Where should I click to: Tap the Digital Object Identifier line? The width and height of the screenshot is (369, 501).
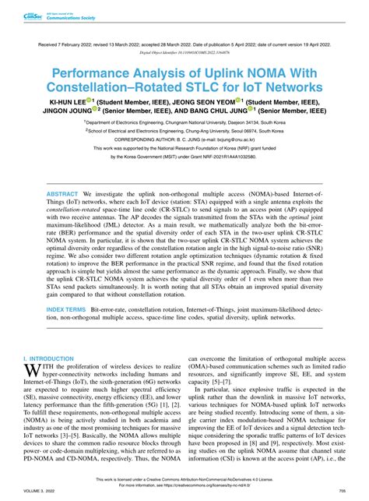point(184,56)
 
